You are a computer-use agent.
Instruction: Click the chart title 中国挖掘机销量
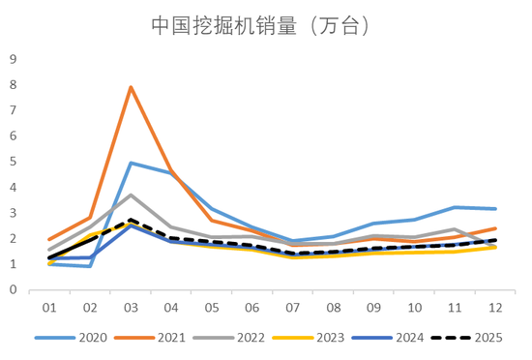tap(261, 26)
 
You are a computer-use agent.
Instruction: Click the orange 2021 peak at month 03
tap(131, 87)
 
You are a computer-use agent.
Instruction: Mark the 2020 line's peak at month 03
tap(131, 163)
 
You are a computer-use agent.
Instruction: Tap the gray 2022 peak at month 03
tap(131, 195)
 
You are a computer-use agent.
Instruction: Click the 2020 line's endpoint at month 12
tap(494, 208)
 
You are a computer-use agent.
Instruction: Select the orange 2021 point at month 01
tap(49, 239)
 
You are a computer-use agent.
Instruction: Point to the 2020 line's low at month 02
tap(90, 266)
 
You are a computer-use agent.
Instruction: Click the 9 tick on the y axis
tap(14, 59)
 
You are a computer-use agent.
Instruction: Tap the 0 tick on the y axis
tap(14, 289)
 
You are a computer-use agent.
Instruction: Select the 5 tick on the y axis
tap(14, 162)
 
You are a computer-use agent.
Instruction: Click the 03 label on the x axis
tap(131, 307)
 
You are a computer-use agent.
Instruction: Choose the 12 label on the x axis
tap(494, 307)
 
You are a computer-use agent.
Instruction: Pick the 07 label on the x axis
tap(292, 307)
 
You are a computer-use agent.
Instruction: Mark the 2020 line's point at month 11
tap(454, 207)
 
